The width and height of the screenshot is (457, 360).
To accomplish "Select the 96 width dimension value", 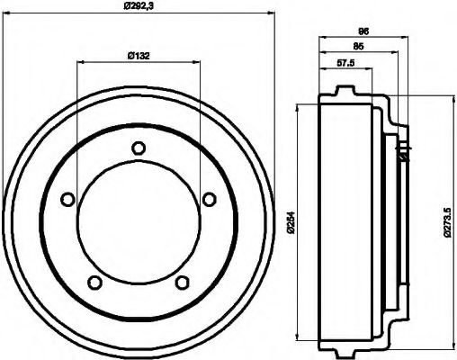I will click(363, 31).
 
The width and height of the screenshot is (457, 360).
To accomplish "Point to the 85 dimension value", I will click(359, 45).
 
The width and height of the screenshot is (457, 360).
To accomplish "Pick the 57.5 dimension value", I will click(346, 64).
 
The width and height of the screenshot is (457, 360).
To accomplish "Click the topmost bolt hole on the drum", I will click(138, 148).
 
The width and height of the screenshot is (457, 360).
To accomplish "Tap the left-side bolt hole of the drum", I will click(67, 200).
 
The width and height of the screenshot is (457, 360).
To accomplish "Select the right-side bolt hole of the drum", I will click(209, 200).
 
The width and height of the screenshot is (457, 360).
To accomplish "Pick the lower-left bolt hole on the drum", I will click(94, 283).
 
